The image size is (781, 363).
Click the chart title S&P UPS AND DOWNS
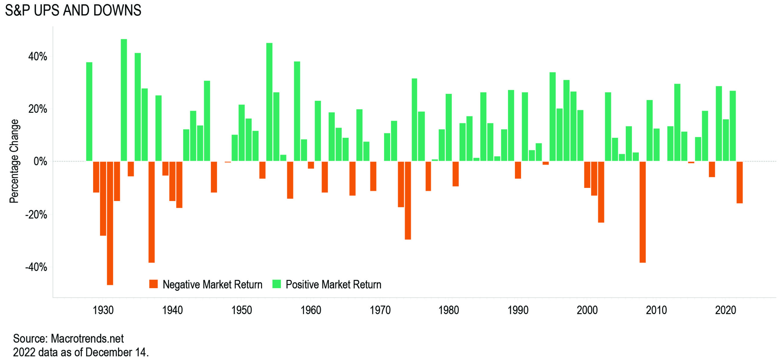point(73,10)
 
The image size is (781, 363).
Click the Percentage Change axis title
point(14,161)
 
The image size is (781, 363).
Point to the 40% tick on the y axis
point(38,57)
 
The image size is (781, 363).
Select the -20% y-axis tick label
point(36,215)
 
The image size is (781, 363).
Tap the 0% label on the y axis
point(40,161)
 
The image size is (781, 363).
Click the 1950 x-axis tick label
point(242,310)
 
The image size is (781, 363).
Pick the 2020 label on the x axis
point(725,310)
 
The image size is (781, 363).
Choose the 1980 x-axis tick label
point(448,310)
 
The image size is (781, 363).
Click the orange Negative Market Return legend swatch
point(153,284)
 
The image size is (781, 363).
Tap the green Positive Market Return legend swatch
point(276,284)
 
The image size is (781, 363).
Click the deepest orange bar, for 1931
point(110,223)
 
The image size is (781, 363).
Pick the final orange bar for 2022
point(740,182)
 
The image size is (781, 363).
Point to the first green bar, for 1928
point(89,112)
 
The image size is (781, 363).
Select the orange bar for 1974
point(408,200)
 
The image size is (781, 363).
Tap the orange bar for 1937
point(152,212)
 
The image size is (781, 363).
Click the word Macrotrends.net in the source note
point(87,339)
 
